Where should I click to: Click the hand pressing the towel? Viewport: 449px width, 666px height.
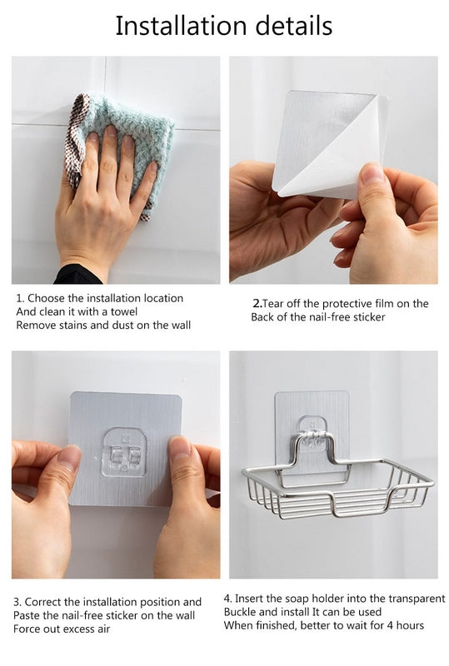104,200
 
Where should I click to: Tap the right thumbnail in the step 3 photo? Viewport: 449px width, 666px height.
181,450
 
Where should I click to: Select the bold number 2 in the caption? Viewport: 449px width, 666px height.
255,304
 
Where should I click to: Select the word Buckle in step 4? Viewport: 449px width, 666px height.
240,612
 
